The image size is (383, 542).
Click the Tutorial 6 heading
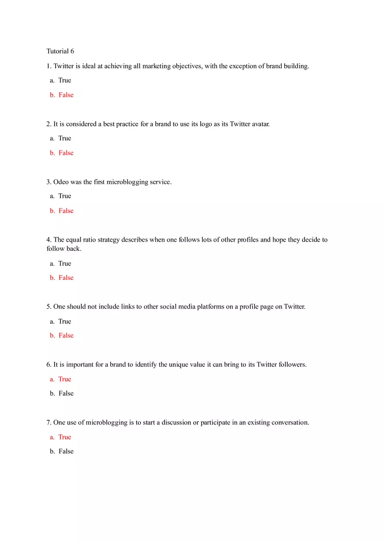(60, 51)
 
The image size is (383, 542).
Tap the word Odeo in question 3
(60, 182)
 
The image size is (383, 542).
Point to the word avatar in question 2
(260, 124)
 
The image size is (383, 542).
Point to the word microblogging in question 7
(106, 422)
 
